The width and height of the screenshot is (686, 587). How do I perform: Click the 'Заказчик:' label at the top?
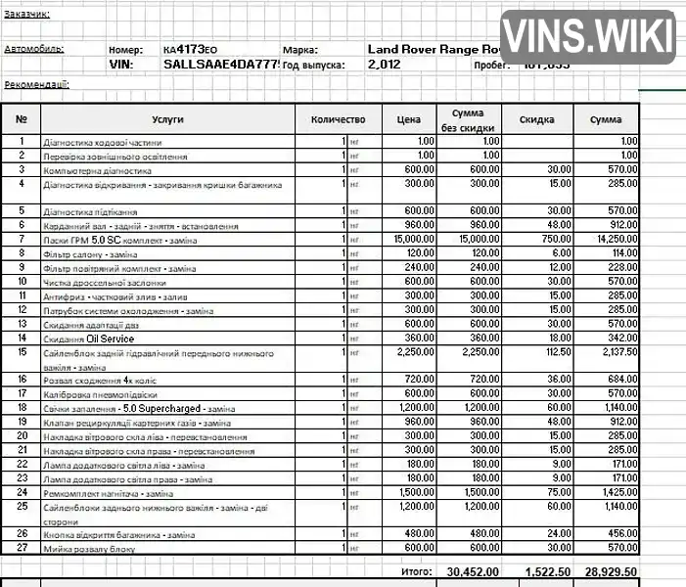(26, 14)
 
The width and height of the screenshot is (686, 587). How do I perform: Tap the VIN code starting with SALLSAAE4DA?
(221, 65)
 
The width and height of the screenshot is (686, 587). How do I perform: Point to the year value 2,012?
(384, 65)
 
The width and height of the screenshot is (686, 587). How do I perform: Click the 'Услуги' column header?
(168, 119)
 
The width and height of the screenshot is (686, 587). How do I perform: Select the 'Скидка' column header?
(537, 119)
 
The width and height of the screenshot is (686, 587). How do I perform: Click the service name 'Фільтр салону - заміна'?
(93, 253)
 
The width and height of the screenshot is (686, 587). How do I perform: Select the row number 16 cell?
(22, 379)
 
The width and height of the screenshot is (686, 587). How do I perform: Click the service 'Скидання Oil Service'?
(89, 338)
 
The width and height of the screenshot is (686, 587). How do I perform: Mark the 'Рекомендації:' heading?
(37, 85)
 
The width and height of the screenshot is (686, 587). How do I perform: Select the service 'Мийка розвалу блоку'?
(89, 549)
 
